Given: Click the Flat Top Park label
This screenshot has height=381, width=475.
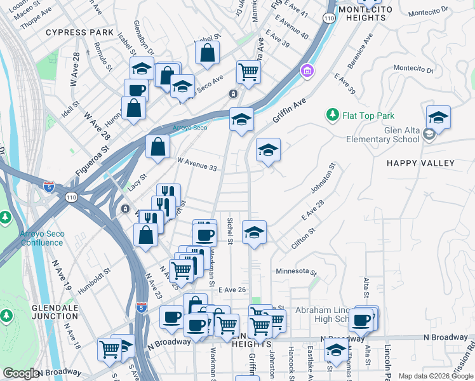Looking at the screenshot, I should (x=368, y=116).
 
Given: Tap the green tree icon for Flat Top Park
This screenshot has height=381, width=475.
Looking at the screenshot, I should (x=331, y=115).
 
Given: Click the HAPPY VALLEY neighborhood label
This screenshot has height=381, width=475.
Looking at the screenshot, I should (x=421, y=163).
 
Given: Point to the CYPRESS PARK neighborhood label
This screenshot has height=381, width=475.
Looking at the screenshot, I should (x=79, y=32).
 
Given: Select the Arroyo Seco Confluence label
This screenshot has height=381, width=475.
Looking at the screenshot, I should (x=42, y=238).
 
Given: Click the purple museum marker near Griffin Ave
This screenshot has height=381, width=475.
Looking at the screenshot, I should (x=307, y=69).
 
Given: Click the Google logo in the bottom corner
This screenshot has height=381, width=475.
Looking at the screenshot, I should (x=21, y=373).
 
